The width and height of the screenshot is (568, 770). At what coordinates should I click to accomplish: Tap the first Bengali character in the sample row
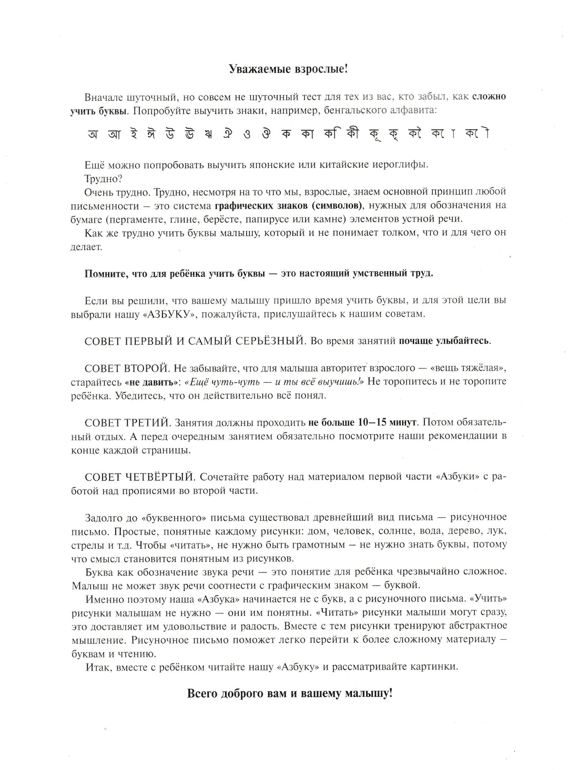(x=93, y=135)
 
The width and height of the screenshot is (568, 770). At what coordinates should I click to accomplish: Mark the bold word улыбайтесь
(x=463, y=341)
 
